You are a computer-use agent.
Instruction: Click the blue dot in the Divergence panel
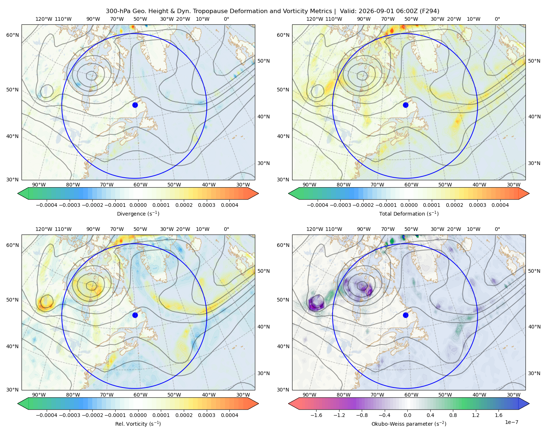coord(135,105)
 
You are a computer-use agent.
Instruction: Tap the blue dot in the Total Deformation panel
coord(406,105)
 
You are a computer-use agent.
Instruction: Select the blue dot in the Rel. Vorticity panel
coord(135,315)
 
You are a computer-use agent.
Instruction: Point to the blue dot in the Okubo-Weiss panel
coord(406,315)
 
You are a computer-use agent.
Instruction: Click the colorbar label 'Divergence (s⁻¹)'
coord(138,213)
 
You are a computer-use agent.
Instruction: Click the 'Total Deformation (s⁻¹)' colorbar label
coord(409,213)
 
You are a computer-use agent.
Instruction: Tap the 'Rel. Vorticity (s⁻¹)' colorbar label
coord(138,424)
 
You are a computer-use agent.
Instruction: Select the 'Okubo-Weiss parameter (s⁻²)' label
coord(409,424)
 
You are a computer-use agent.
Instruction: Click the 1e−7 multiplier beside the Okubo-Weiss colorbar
coord(511,422)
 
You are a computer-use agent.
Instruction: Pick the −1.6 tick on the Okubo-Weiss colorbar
coord(316,415)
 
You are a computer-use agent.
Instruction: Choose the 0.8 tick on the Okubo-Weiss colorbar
coord(453,415)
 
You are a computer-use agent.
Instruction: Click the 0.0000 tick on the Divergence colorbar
coord(138,205)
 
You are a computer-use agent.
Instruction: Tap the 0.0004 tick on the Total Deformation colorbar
coord(500,205)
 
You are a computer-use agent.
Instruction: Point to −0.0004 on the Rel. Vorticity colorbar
coord(47,415)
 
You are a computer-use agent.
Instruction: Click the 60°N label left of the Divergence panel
coord(12,35)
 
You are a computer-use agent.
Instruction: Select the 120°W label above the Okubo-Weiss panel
coord(314,229)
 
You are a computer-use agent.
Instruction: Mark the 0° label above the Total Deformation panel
coord(497,19)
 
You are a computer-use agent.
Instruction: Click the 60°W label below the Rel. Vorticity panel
coord(140,395)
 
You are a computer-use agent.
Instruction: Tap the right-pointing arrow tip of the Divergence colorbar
coord(258,193)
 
